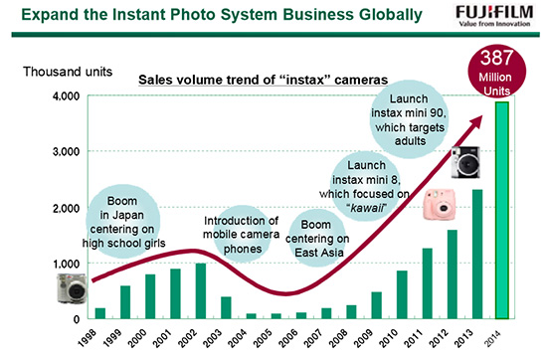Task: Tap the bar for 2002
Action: coord(201,290)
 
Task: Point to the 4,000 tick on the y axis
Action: coord(66,96)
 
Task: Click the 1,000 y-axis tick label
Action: coord(66,264)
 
